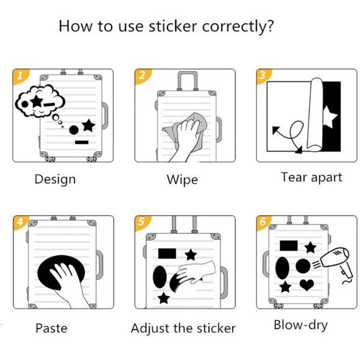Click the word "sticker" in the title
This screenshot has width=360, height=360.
(173, 26)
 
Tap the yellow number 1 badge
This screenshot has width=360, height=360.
(20, 76)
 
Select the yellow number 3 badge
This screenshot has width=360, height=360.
(264, 76)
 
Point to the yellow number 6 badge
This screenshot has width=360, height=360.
(263, 222)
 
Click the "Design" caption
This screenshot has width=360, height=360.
(55, 179)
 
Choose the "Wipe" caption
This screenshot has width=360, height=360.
(182, 179)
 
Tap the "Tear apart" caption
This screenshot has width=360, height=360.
(312, 178)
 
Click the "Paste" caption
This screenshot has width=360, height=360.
(52, 328)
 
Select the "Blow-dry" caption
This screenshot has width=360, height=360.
(301, 325)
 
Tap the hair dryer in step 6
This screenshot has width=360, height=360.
(336, 263)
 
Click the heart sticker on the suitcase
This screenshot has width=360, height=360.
(307, 285)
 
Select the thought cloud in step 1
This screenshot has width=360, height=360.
(40, 101)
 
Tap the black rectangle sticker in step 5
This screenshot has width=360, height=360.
(167, 253)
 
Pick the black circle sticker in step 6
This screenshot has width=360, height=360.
(303, 266)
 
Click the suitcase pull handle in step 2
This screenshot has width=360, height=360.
(187, 81)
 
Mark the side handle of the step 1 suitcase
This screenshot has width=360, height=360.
(105, 116)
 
